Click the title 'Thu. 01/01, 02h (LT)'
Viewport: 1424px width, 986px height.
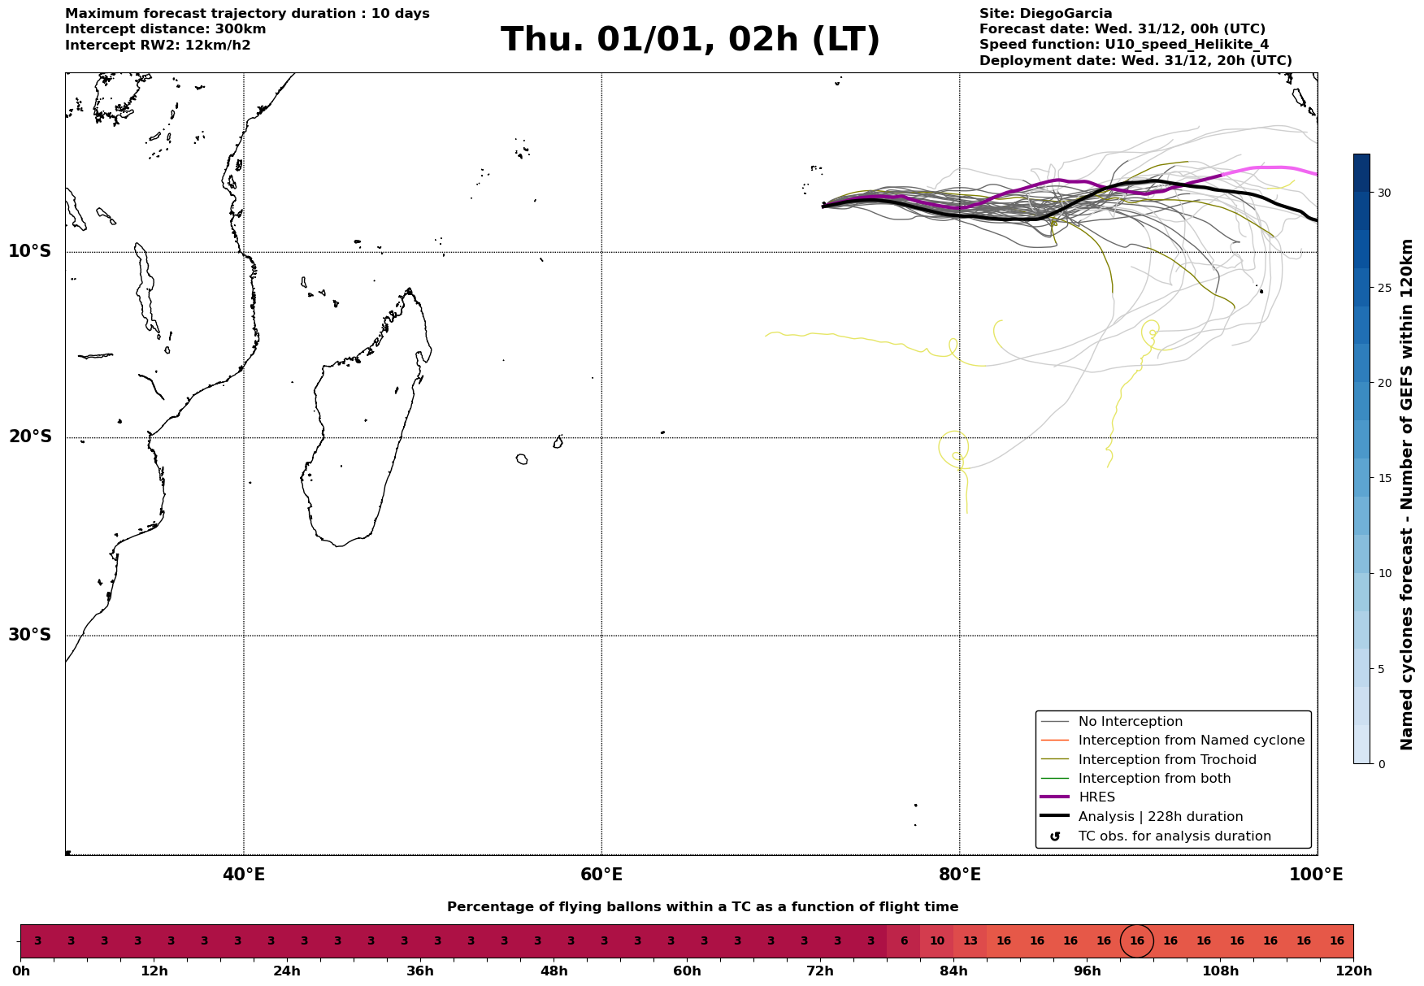click(x=690, y=40)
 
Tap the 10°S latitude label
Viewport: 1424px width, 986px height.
click(x=30, y=251)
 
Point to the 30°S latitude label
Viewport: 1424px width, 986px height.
click(x=30, y=635)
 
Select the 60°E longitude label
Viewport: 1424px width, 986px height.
click(x=601, y=875)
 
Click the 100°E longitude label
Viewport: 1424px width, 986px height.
click(x=1316, y=875)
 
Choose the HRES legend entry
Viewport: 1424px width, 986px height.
click(x=1096, y=797)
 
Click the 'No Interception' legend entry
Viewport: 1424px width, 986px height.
click(x=1130, y=722)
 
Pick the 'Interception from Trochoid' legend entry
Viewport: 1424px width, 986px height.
click(x=1166, y=760)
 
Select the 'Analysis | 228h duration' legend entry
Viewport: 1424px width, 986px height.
click(x=1160, y=817)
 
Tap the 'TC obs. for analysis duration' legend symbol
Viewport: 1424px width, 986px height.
click(x=1055, y=836)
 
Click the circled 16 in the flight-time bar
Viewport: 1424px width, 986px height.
click(x=1136, y=941)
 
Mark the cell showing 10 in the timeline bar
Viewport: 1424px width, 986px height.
click(x=936, y=941)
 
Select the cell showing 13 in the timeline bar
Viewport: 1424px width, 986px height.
click(x=970, y=941)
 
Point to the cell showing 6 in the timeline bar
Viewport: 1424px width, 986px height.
click(x=903, y=941)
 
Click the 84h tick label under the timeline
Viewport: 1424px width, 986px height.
click(x=953, y=971)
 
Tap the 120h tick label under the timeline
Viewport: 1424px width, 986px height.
click(x=1353, y=971)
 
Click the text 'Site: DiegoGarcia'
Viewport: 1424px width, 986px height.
click(x=1045, y=14)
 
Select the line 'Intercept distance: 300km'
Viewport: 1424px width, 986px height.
click(x=166, y=29)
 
